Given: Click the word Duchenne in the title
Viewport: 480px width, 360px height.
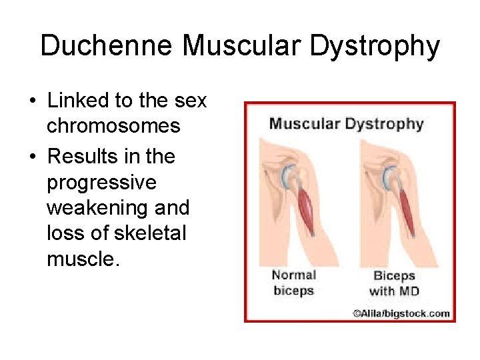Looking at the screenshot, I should [107, 46].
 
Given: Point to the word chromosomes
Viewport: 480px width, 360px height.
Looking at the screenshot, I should [113, 126].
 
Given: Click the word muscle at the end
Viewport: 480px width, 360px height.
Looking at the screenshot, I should [82, 259].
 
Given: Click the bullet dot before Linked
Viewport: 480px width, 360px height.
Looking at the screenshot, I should [32, 101].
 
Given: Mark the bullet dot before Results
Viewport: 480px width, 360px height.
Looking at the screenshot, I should [32, 157].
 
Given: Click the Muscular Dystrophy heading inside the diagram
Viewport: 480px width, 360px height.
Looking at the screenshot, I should [346, 123].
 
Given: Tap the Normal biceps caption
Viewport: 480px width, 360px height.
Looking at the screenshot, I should [293, 283].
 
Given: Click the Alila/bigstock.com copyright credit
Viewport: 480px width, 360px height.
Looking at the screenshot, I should [401, 313].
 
